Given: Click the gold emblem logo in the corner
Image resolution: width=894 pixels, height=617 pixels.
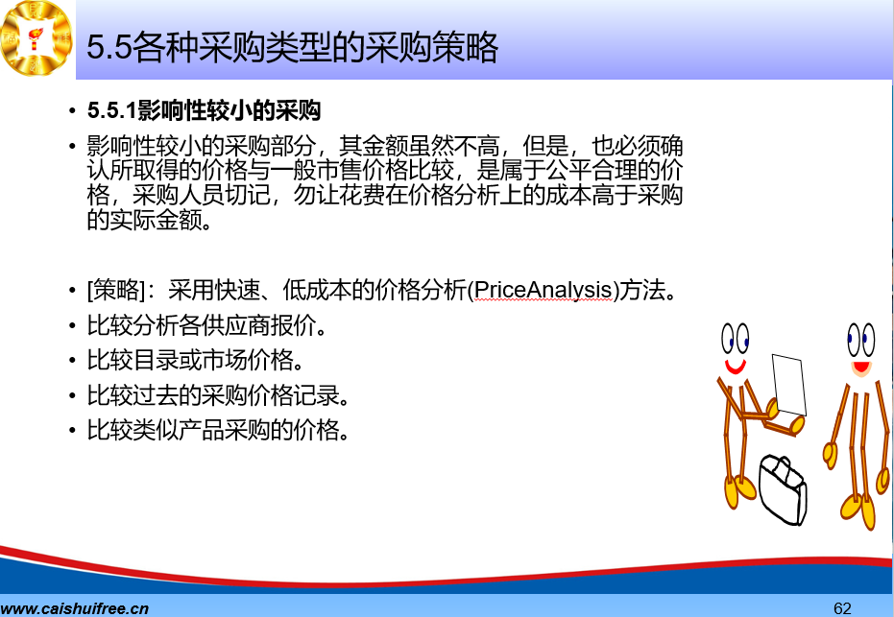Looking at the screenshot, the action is (x=36, y=37).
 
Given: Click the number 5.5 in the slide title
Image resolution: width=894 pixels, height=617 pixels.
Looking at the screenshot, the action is (x=109, y=47).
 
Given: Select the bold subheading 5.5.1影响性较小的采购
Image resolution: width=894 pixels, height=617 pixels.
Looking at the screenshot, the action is (x=204, y=110).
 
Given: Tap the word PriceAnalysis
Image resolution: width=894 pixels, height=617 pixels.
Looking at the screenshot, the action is (x=543, y=290).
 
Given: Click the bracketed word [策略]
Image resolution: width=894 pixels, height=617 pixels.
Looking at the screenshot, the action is (x=116, y=290).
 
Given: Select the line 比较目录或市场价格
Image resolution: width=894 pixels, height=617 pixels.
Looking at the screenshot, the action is (x=194, y=360).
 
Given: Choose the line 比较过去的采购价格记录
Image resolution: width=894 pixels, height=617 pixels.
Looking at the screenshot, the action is (x=217, y=395).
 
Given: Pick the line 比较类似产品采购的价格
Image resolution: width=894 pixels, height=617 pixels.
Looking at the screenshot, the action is (x=217, y=430).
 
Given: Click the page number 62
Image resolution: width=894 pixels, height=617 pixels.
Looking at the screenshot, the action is (x=842, y=608).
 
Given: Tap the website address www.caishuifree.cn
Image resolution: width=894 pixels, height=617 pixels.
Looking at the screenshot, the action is (x=75, y=608).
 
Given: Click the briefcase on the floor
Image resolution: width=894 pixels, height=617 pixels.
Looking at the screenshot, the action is (x=783, y=490).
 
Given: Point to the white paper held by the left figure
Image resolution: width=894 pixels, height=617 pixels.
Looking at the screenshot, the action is (x=789, y=385).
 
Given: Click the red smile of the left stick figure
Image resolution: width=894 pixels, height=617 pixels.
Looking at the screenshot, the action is (x=736, y=367).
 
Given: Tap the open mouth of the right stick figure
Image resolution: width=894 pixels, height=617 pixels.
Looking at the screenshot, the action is (x=861, y=368).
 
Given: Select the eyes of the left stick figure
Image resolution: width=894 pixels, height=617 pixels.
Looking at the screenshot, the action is (x=735, y=339).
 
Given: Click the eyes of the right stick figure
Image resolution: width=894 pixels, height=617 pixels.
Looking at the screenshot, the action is (x=861, y=340).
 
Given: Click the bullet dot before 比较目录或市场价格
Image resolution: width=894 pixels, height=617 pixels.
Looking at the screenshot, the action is (x=72, y=361).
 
